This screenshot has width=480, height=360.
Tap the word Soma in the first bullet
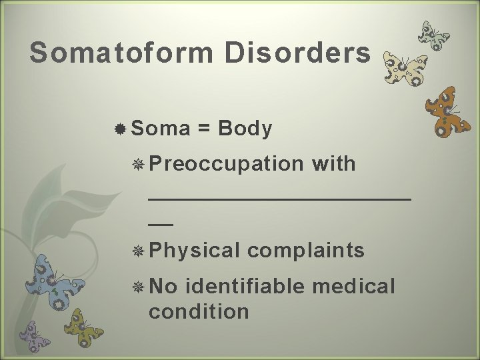pyautogui.click(x=161, y=128)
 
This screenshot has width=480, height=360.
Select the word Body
pyautogui.click(x=244, y=128)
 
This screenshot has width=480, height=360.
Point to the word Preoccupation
pyautogui.click(x=226, y=164)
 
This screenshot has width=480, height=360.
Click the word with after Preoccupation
pyautogui.click(x=333, y=163)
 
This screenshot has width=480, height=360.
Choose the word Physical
pyautogui.click(x=195, y=250)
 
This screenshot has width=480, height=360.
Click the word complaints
pyautogui.click(x=306, y=250)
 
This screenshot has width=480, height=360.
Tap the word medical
pyautogui.click(x=353, y=286)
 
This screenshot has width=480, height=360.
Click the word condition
pyautogui.click(x=199, y=311)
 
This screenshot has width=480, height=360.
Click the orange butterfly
pyautogui.click(x=448, y=112)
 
